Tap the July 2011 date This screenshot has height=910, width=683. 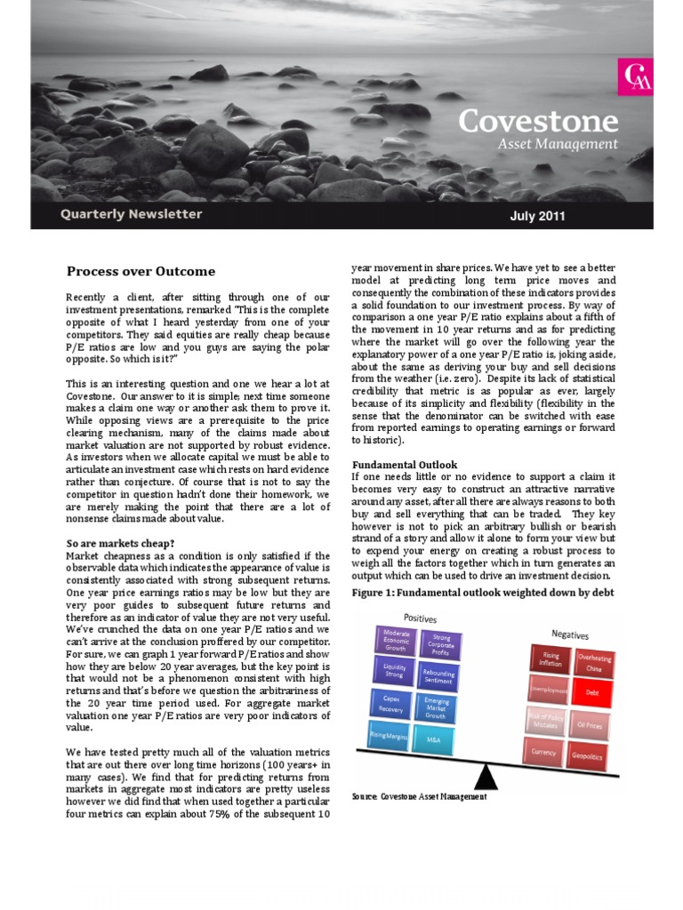(537, 215)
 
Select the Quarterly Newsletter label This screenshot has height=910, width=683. (131, 214)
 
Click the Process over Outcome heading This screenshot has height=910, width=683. (141, 271)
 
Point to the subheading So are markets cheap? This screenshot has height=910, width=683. (121, 543)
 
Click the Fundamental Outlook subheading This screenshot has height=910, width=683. (405, 464)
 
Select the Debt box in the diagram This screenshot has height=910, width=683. (592, 690)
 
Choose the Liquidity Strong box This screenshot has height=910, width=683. (395, 670)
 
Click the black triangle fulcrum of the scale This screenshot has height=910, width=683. (486, 779)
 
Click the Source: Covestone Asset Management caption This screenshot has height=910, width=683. (420, 797)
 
